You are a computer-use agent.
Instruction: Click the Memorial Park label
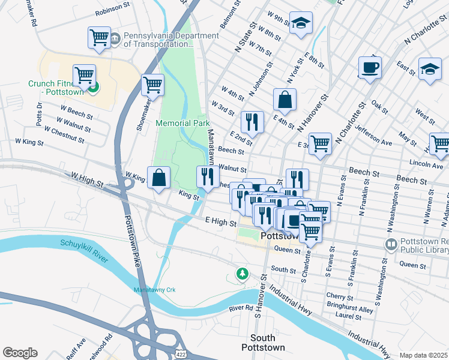click(182, 123)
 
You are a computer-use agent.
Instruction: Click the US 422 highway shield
click(180, 355)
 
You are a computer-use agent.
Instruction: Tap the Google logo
click(20, 353)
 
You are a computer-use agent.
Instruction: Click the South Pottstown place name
click(262, 342)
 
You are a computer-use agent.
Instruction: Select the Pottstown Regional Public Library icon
click(391, 245)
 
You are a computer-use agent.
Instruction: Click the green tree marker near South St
click(242, 274)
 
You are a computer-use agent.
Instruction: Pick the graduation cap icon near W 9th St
click(300, 23)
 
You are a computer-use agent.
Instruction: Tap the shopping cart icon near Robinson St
click(99, 37)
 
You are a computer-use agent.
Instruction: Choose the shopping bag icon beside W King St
click(158, 177)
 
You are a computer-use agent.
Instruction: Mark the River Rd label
click(241, 308)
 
